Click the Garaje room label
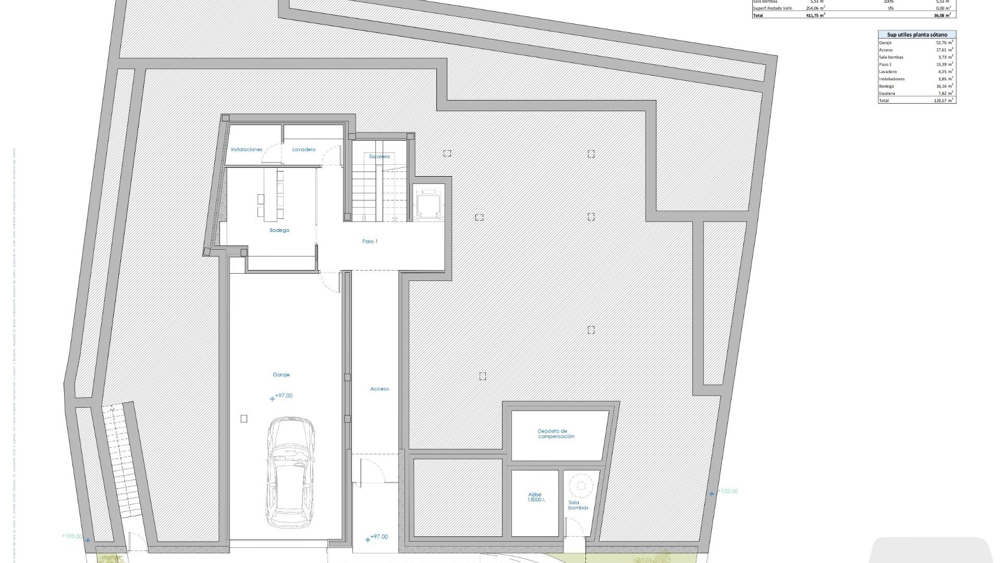281,375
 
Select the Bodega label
279,230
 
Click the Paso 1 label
370,241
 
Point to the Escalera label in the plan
379,156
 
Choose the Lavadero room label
303,150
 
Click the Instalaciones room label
247,150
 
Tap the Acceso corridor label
380,389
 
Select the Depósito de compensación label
556,434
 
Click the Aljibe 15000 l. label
535,497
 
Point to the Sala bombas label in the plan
578,505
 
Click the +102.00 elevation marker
727,491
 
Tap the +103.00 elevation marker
72,536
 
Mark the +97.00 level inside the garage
284,396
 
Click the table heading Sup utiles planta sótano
917,35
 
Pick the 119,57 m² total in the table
944,101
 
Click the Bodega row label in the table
886,87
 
